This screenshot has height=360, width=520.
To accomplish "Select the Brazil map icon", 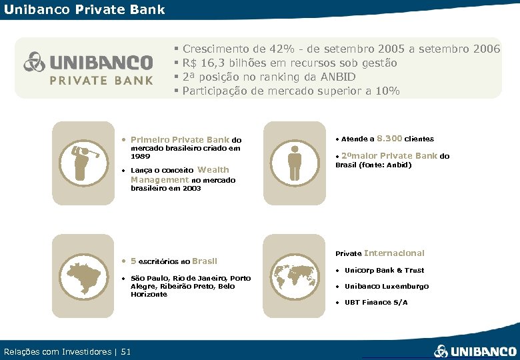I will [83, 273].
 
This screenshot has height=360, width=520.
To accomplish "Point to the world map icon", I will [295, 273].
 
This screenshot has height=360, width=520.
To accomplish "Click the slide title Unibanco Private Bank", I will [84, 9].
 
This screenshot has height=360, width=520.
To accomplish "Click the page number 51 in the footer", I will [127, 351].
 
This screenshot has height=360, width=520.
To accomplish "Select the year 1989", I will [141, 156].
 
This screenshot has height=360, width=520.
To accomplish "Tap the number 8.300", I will [389, 139].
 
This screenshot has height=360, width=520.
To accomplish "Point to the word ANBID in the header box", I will [337, 77].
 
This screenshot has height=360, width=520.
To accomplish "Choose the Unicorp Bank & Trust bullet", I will [384, 270].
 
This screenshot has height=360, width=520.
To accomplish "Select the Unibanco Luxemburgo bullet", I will [387, 286].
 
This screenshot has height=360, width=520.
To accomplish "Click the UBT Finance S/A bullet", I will [376, 302].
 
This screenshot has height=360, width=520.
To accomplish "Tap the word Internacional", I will [394, 253].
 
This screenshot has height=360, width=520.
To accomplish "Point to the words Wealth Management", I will [180, 175].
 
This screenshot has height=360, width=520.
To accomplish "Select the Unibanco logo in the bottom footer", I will [475, 351].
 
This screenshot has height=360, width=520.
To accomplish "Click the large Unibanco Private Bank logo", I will [89, 69].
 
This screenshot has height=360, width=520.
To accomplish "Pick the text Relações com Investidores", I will [57, 351].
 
